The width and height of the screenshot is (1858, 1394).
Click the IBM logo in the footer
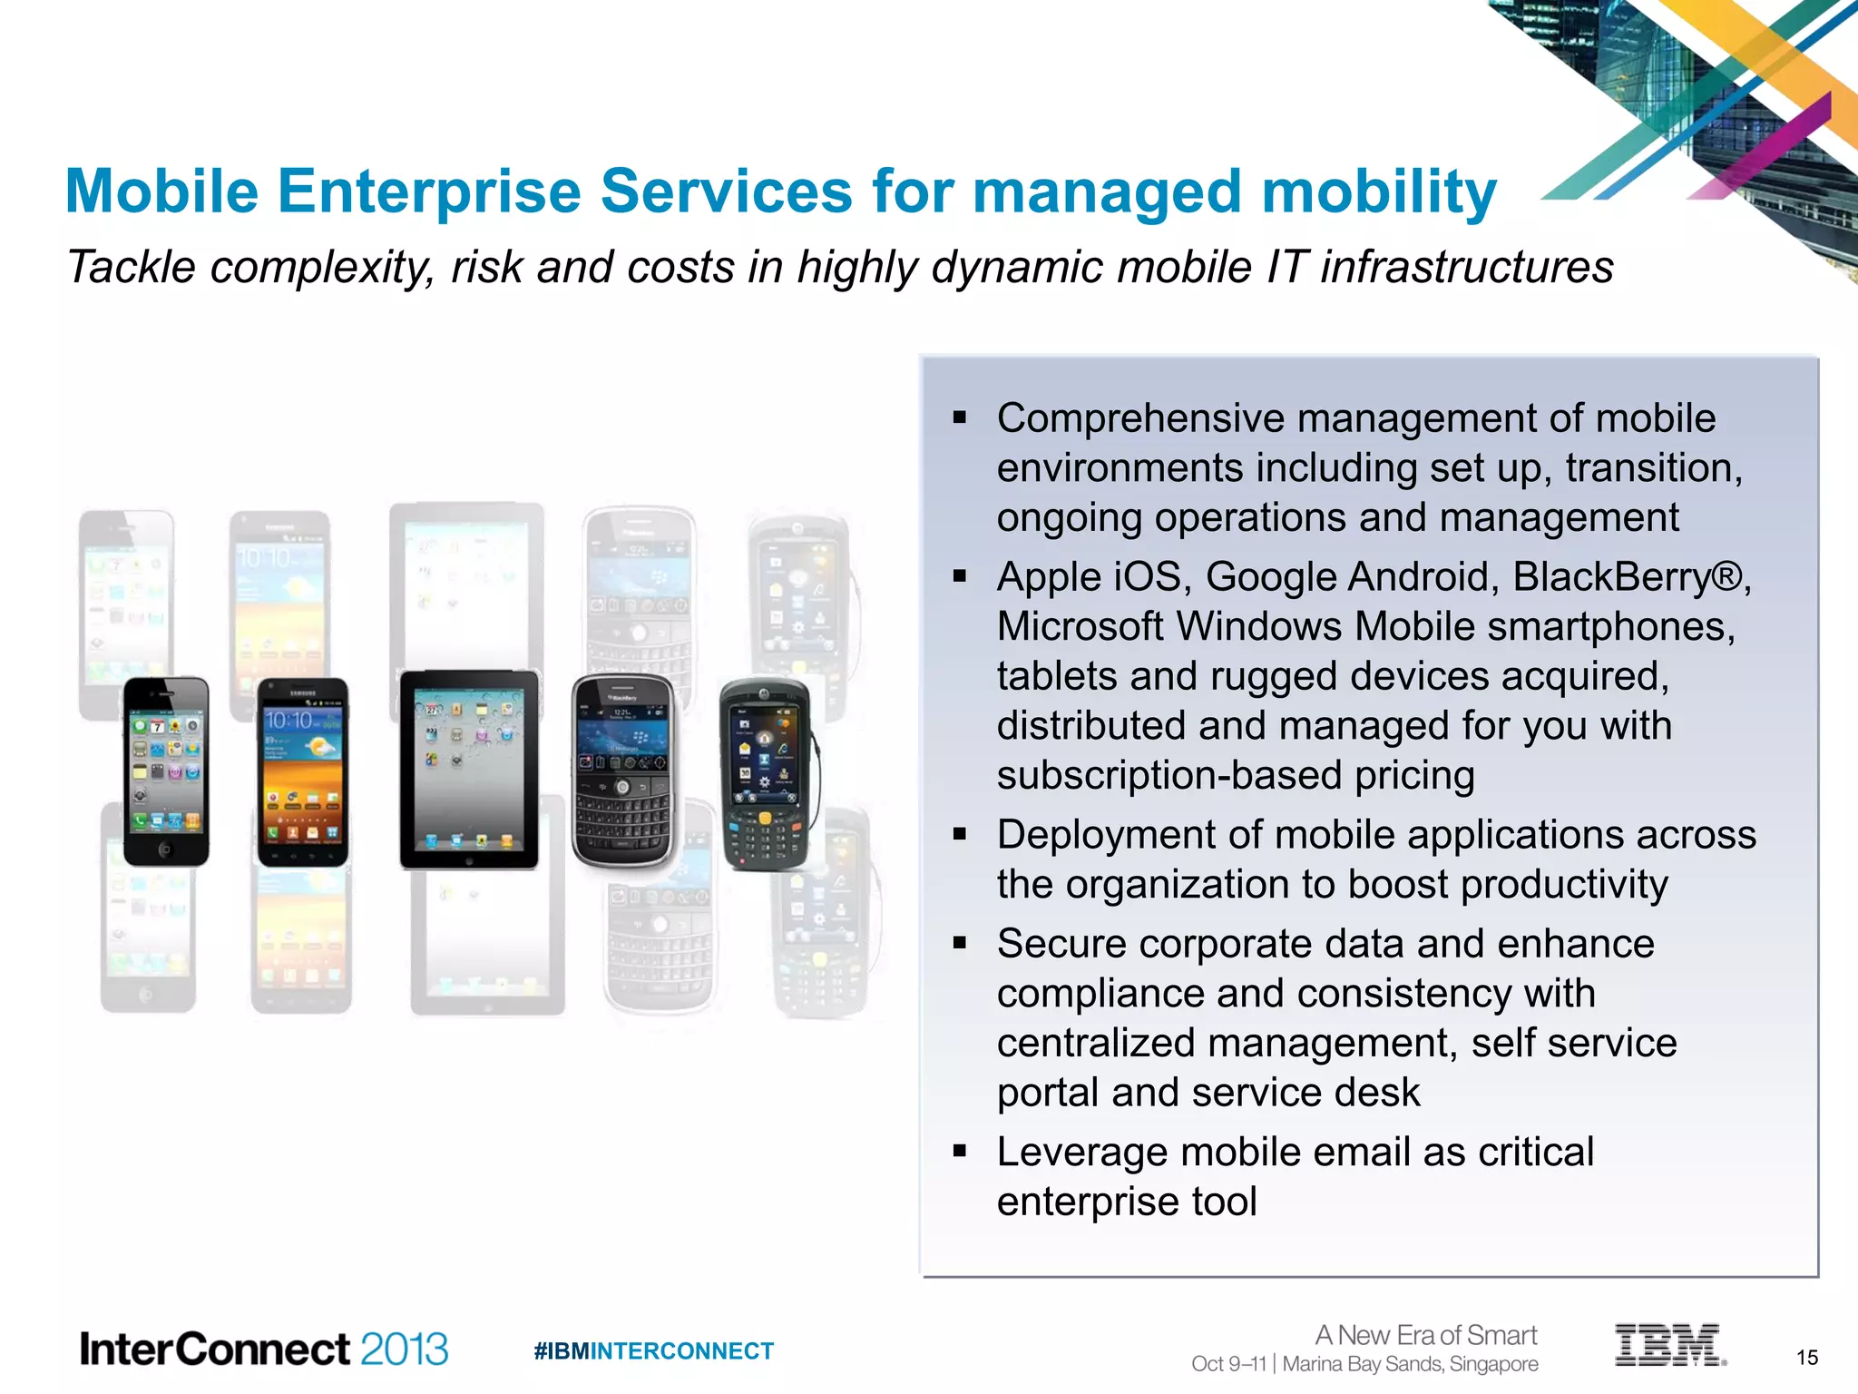pos(1668,1345)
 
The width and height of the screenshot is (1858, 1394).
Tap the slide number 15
pos(1806,1358)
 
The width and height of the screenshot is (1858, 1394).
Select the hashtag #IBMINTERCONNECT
pos(653,1351)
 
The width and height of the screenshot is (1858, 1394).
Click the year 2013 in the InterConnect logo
pos(404,1350)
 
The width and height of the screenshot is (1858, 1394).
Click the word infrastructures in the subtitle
pos(1466,268)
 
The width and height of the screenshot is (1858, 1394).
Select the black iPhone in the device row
pos(166,771)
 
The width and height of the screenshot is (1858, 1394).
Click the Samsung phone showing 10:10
pos(303,772)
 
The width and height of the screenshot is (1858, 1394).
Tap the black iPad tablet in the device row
pos(469,770)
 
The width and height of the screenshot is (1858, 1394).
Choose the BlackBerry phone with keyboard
pos(623,771)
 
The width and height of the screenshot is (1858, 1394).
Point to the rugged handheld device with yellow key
pos(765,774)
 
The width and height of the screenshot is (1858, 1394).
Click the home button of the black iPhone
pos(164,849)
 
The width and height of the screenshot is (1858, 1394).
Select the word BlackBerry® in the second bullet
pos(1628,577)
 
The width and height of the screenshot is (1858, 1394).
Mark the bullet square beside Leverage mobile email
pos(960,1152)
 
